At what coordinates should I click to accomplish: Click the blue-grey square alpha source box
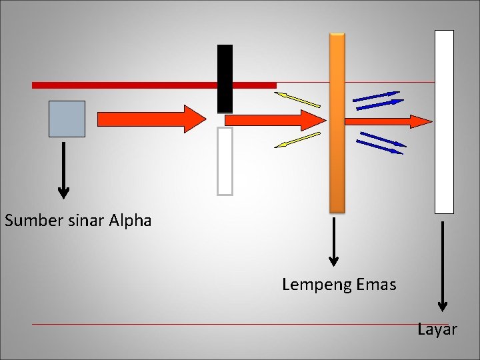(x=67, y=119)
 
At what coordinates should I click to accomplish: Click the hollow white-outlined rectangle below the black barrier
(x=225, y=161)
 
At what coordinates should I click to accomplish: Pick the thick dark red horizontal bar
(x=153, y=85)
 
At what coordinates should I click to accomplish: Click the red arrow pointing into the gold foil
(x=273, y=120)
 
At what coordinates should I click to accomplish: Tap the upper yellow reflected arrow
(x=297, y=99)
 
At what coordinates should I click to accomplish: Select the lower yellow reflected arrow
(x=297, y=140)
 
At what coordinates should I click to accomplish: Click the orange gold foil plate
(x=337, y=123)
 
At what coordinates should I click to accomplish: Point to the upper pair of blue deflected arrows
(x=377, y=100)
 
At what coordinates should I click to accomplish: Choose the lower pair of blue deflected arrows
(x=381, y=143)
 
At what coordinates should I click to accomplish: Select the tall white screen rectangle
(x=444, y=121)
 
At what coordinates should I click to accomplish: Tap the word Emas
(x=376, y=285)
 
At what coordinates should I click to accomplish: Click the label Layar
(x=437, y=329)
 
